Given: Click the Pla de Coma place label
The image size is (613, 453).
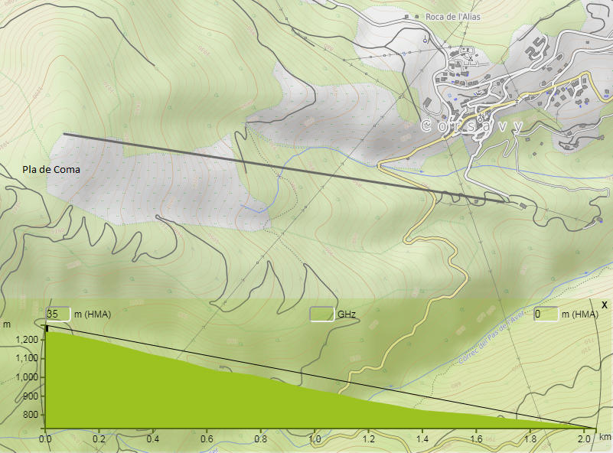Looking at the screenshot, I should pyautogui.click(x=51, y=170).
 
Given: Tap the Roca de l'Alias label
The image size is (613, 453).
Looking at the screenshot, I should pyautogui.click(x=452, y=16).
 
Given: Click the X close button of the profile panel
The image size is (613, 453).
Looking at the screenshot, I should pyautogui.click(x=605, y=305).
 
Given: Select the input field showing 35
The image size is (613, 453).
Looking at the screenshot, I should pyautogui.click(x=58, y=314).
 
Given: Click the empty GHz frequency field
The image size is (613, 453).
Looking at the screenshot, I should pyautogui.click(x=322, y=314).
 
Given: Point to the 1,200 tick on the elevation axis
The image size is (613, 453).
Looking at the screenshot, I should pyautogui.click(x=28, y=339).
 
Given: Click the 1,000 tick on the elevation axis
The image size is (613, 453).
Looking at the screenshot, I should pyautogui.click(x=28, y=377).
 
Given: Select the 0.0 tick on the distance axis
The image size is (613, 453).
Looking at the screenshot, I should pyautogui.click(x=45, y=439).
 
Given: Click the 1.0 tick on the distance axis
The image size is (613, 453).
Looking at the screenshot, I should pyautogui.click(x=315, y=439).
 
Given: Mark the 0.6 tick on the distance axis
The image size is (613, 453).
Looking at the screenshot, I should pyautogui.click(x=207, y=439).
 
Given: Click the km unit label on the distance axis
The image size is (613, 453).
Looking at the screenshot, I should pyautogui.click(x=605, y=437).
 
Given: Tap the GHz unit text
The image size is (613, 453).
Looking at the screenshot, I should pyautogui.click(x=347, y=314).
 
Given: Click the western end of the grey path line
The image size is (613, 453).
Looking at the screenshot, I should pyautogui.click(x=64, y=134).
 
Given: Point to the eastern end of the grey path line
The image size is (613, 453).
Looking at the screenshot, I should pyautogui.click(x=506, y=202).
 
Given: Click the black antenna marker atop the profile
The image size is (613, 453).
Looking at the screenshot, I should pyautogui.click(x=47, y=328).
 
